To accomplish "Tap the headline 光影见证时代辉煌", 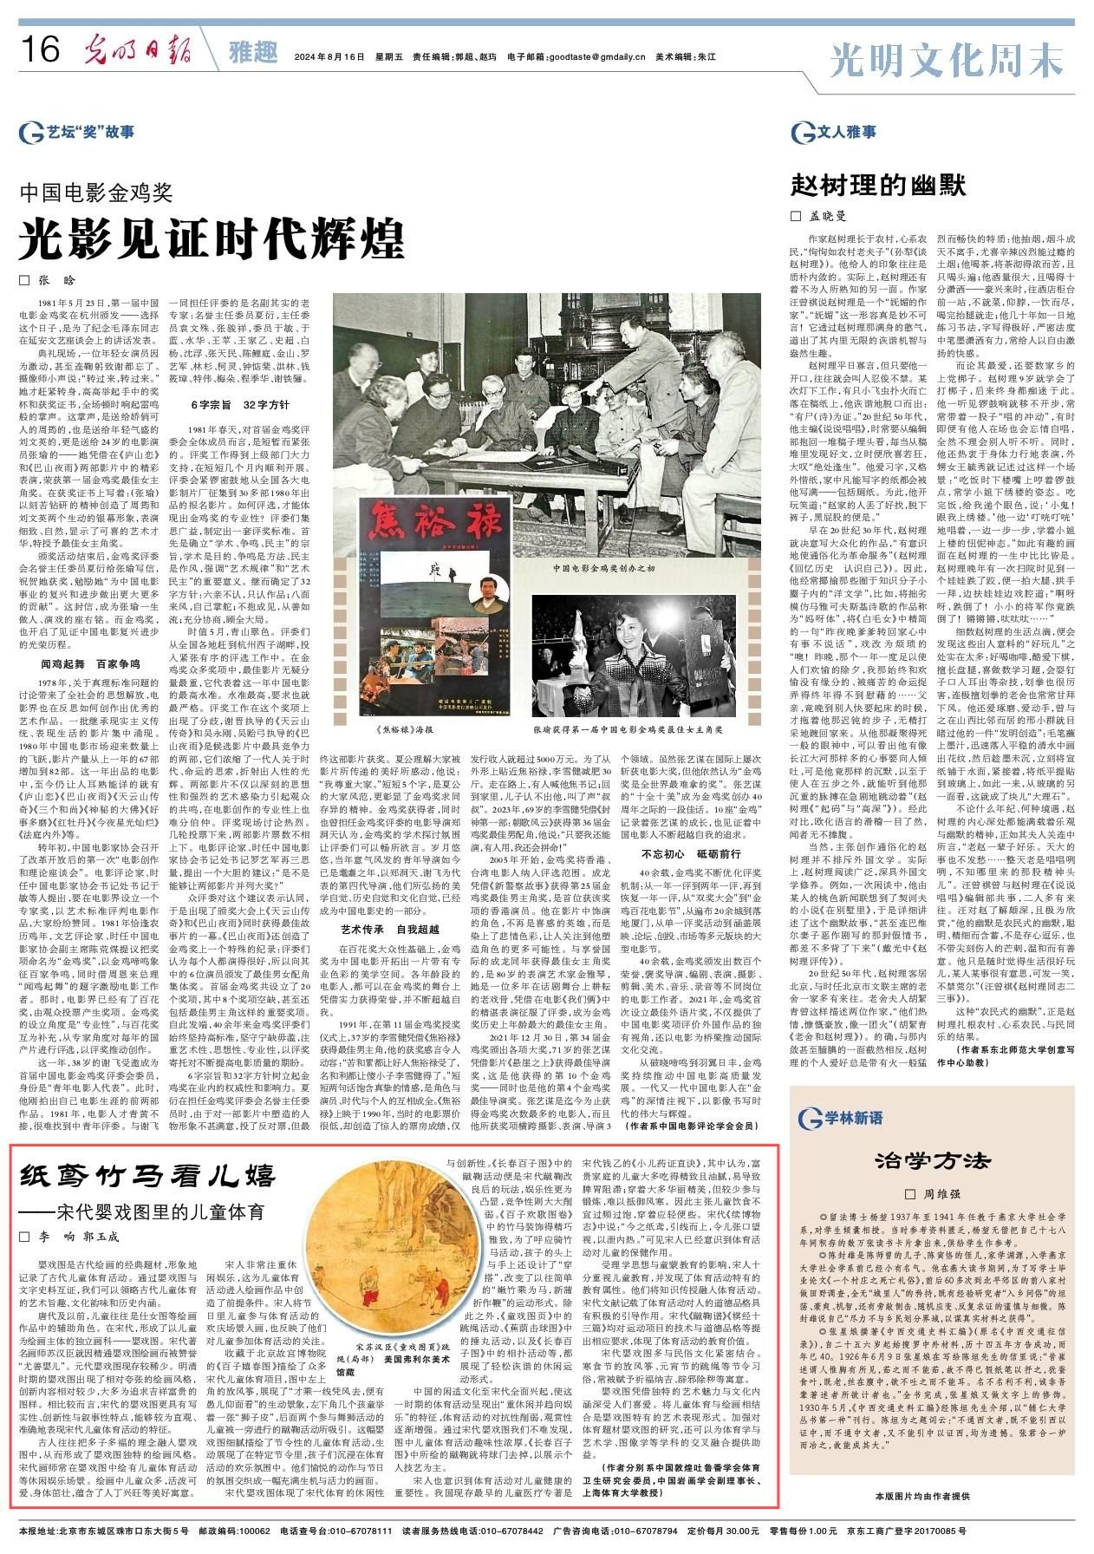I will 213,233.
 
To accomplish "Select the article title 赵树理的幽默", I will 876,185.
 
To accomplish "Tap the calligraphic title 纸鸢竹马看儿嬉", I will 147,1178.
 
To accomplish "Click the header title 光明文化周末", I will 946,60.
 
